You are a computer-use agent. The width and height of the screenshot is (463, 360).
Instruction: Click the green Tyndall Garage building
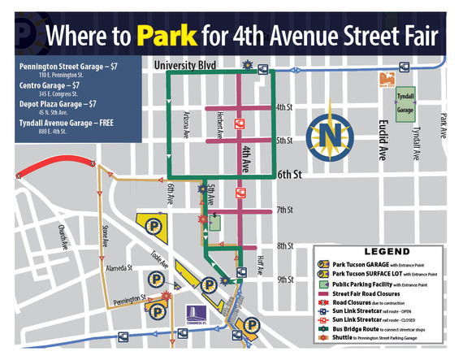404,105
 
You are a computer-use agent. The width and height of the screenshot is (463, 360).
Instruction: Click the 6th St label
288,174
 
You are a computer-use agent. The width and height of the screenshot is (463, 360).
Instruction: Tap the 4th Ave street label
245,158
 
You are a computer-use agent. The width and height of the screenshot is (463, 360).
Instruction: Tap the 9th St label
285,280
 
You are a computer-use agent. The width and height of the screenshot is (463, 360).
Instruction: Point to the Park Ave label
445,124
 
